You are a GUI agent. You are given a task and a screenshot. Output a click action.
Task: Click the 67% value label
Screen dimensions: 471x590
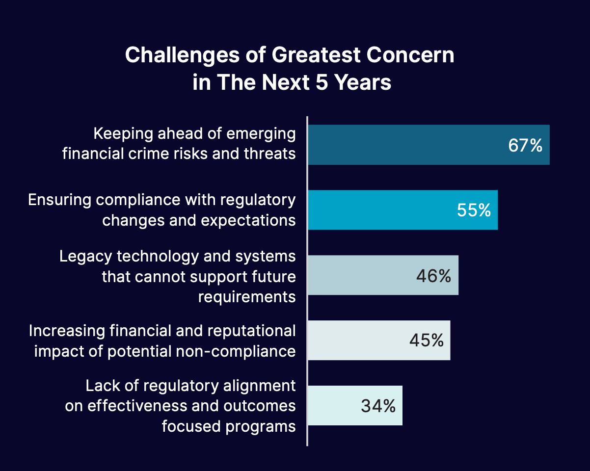[x=525, y=146]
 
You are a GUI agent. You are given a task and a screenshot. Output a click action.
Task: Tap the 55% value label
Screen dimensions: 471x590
[x=474, y=210]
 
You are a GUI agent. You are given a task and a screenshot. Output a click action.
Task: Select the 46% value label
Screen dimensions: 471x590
[x=433, y=276]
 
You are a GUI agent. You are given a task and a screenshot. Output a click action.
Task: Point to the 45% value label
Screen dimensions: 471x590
[x=426, y=340]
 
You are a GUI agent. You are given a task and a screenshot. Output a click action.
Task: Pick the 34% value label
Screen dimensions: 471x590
[x=378, y=406]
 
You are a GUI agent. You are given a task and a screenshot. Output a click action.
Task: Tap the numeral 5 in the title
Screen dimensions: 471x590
[x=317, y=82]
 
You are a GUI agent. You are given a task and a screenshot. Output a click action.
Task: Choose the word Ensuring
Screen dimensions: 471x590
[x=59, y=200]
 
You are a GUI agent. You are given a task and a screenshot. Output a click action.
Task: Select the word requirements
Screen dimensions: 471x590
[x=247, y=297]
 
